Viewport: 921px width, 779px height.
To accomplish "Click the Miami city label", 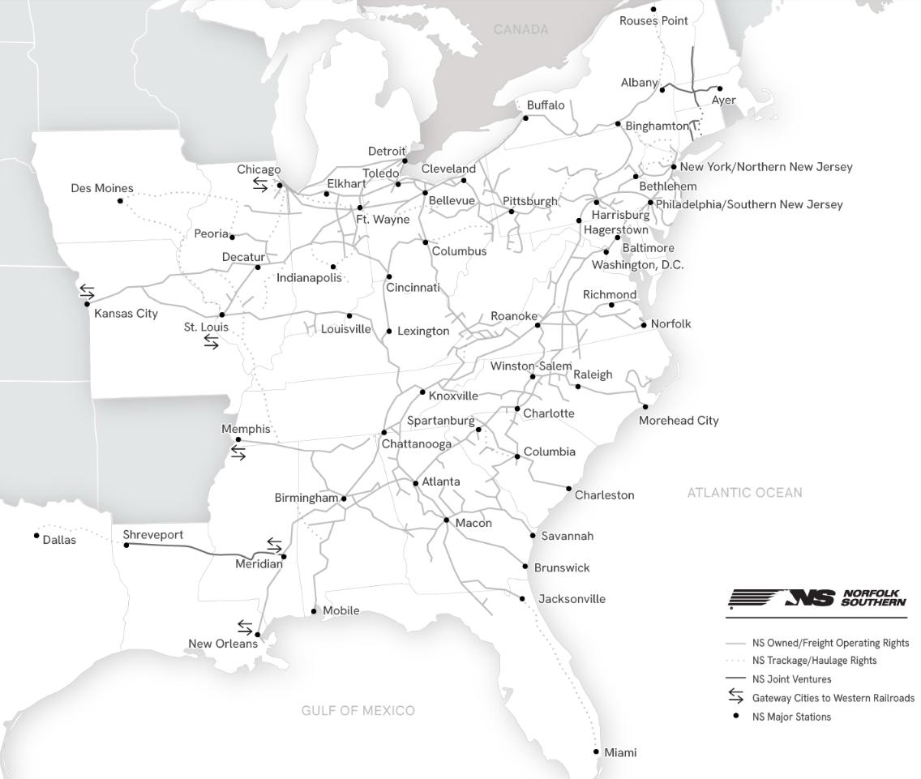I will tap(620, 753).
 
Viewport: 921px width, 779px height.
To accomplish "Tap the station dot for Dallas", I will tap(37, 535).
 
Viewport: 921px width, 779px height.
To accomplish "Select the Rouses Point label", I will tap(653, 21).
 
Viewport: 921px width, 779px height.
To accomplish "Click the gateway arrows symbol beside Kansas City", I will tap(86, 291).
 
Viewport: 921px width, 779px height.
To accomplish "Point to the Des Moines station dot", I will tap(120, 200).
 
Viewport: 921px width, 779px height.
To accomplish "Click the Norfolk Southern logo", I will tap(817, 598).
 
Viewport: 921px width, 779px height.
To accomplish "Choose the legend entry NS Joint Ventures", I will tap(791, 679).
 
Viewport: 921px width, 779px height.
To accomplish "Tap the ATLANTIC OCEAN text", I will tap(744, 492).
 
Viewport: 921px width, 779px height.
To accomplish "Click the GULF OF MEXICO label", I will tap(358, 711).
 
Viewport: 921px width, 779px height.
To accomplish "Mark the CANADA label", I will tap(520, 30).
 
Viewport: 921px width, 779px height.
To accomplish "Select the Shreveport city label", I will tap(153, 535).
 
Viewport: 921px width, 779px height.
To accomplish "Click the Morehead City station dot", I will tap(645, 407).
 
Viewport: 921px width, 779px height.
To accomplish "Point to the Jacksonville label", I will tap(572, 599).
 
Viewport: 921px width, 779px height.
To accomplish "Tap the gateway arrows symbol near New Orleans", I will tap(245, 626).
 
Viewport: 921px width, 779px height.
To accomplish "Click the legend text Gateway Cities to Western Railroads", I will tap(833, 698).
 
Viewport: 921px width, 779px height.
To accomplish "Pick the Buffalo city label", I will tap(546, 105).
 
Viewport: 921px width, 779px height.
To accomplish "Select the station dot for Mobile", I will tap(315, 611).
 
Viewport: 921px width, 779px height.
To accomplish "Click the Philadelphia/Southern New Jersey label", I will tap(749, 204).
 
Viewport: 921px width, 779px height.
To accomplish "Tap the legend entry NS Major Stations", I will tap(791, 717).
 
